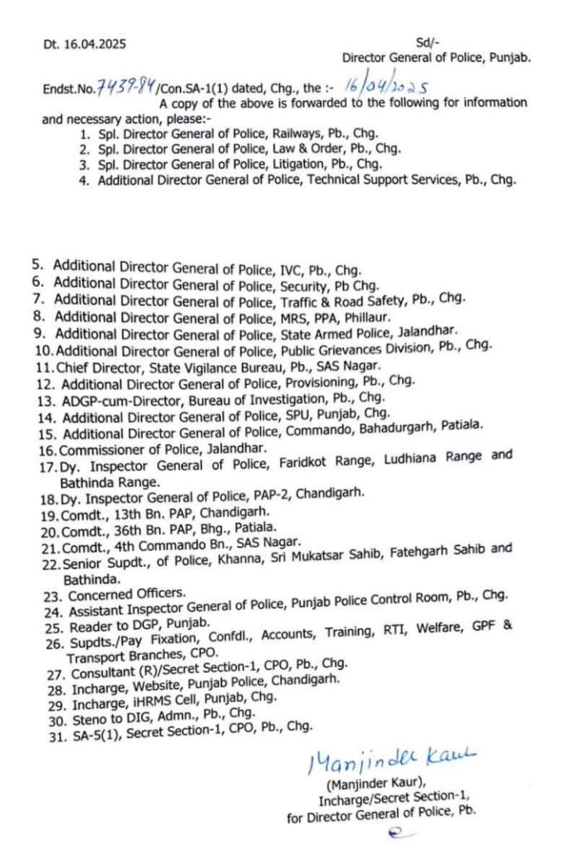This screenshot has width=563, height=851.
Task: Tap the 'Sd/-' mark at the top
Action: coord(427,42)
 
